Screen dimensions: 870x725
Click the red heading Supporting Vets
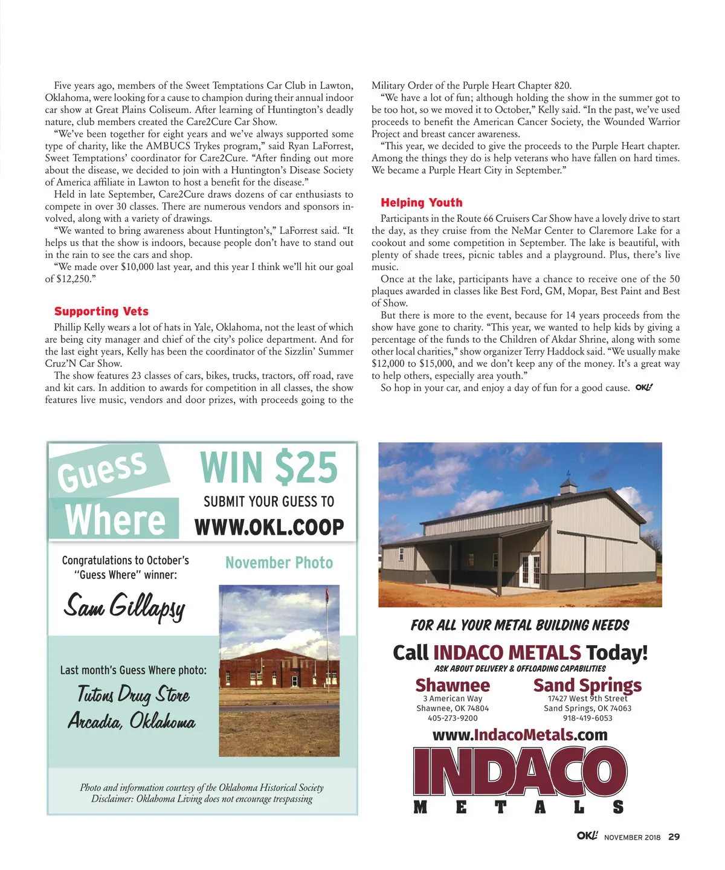click(x=101, y=311)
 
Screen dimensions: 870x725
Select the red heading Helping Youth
click(x=421, y=202)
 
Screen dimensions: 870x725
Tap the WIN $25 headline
click(x=268, y=468)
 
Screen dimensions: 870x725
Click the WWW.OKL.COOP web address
click(x=269, y=527)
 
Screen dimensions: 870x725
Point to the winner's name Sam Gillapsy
click(x=124, y=605)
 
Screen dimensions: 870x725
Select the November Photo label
click(x=279, y=563)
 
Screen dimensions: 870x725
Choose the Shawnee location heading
click(x=453, y=685)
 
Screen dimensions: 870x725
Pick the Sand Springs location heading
click(x=587, y=685)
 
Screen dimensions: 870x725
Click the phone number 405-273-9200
click(x=453, y=718)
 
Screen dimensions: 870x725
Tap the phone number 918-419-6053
click(x=587, y=718)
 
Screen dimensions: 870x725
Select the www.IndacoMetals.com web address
click(x=520, y=735)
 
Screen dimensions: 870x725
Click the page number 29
click(x=674, y=837)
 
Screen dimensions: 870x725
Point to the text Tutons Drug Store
click(x=133, y=694)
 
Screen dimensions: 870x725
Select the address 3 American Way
click(x=453, y=698)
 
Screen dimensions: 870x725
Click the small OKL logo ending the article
click(x=644, y=388)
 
